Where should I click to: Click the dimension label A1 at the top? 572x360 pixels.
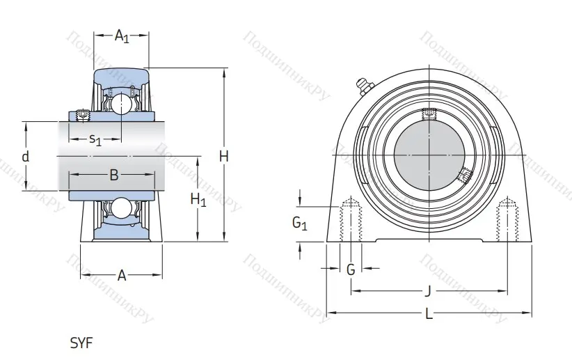pyautogui.click(x=122, y=36)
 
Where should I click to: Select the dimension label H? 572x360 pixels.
pyautogui.click(x=224, y=157)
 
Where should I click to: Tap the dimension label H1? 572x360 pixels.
pyautogui.click(x=198, y=201)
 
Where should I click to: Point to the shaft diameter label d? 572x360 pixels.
pyautogui.click(x=26, y=157)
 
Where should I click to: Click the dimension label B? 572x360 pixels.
pyautogui.click(x=114, y=175)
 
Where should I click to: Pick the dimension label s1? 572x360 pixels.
pyautogui.click(x=95, y=139)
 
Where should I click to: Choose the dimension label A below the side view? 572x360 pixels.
pyautogui.click(x=121, y=276)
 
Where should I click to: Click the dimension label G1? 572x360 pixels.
pyautogui.click(x=299, y=224)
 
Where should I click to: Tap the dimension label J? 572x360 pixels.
pyautogui.click(x=428, y=291)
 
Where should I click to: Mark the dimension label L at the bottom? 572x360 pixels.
pyautogui.click(x=429, y=314)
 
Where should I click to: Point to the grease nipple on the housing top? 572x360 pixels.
pyautogui.click(x=364, y=86)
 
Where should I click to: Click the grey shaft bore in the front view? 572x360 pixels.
pyautogui.click(x=429, y=155)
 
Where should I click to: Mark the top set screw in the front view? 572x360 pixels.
pyautogui.click(x=429, y=114)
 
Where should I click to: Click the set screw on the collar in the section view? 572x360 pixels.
pyautogui.click(x=83, y=114)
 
